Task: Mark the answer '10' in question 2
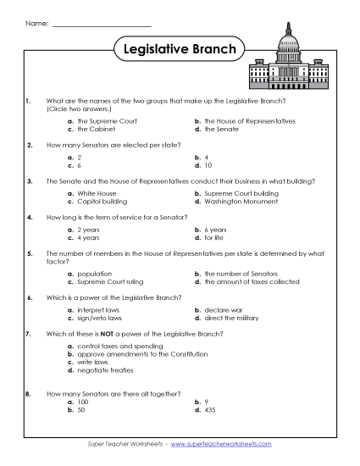coord(208,165)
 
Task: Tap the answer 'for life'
coord(213,237)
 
